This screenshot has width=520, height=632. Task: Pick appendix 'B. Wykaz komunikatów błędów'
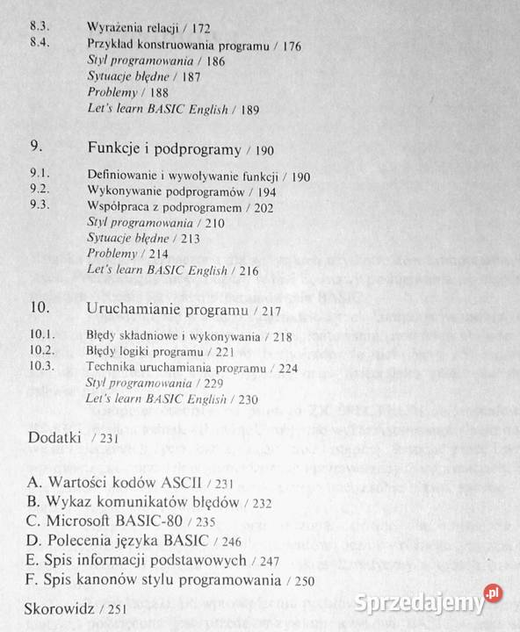(120, 501)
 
